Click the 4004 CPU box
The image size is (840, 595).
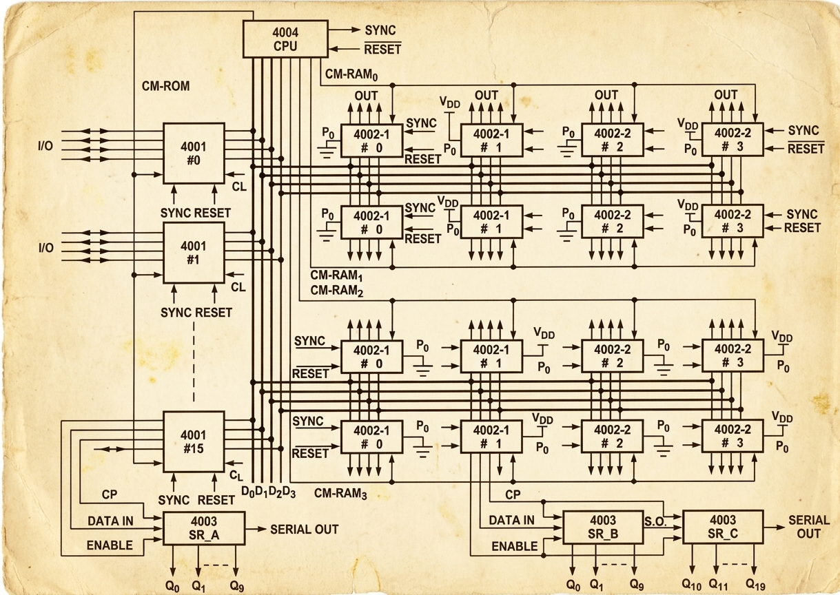click(285, 39)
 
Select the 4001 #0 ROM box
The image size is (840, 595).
click(194, 154)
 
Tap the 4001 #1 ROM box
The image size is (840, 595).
click(194, 253)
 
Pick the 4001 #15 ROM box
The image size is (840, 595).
click(194, 441)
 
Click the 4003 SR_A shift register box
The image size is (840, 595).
click(203, 528)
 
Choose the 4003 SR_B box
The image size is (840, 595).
click(603, 528)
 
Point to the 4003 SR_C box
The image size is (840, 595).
click(723, 526)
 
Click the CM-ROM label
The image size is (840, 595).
click(166, 86)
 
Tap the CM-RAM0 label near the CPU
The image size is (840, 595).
click(351, 74)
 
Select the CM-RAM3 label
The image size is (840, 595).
click(340, 494)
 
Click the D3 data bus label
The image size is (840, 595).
click(289, 492)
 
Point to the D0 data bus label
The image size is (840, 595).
click(248, 492)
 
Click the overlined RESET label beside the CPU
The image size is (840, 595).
click(382, 49)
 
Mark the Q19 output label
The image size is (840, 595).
click(756, 584)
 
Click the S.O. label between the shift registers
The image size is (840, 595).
click(655, 521)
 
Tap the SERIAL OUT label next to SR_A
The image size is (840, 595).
click(304, 529)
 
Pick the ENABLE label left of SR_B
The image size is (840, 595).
click(515, 546)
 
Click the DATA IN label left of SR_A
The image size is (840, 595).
click(110, 521)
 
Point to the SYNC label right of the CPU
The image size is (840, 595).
click(380, 30)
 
